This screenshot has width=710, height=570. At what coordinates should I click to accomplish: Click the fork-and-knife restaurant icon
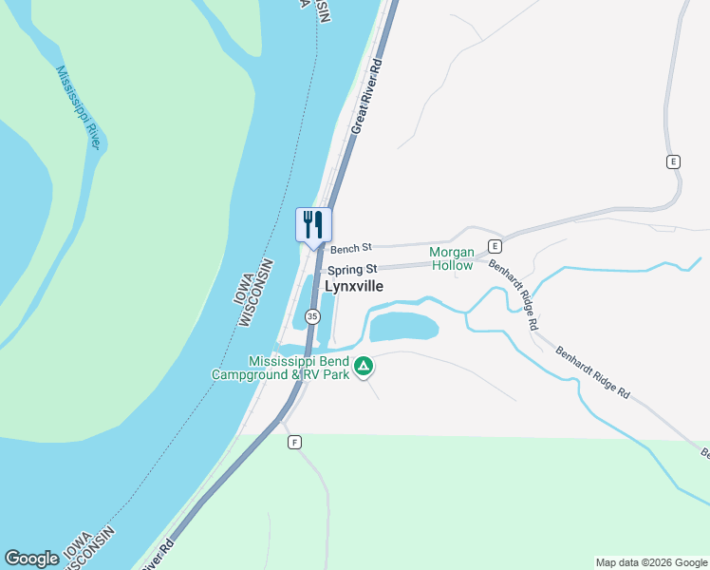coord(313,225)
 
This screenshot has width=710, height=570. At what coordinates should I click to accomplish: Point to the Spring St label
coord(352,270)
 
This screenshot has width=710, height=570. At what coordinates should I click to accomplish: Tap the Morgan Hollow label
coord(451,258)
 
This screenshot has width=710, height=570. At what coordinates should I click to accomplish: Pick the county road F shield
coord(294,443)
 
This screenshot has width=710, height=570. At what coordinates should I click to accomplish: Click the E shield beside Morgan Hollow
coord(494,246)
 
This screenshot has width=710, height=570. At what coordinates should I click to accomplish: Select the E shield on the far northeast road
coord(673,161)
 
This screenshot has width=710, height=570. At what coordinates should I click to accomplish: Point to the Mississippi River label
coord(78,106)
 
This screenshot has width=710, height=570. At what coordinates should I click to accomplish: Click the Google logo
coord(31,559)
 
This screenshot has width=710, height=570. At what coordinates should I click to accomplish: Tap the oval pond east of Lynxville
coord(403,328)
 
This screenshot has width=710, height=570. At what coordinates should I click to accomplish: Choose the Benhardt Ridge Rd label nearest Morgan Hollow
coord(514,294)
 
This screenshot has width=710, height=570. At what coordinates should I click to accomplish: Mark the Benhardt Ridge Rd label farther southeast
coord(593,371)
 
